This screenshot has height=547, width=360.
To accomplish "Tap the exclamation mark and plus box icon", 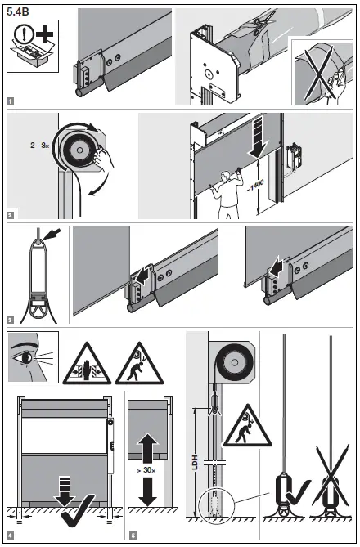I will (30, 45).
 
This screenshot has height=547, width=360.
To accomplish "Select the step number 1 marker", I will (10, 102).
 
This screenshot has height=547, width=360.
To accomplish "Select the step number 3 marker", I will (10, 321).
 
